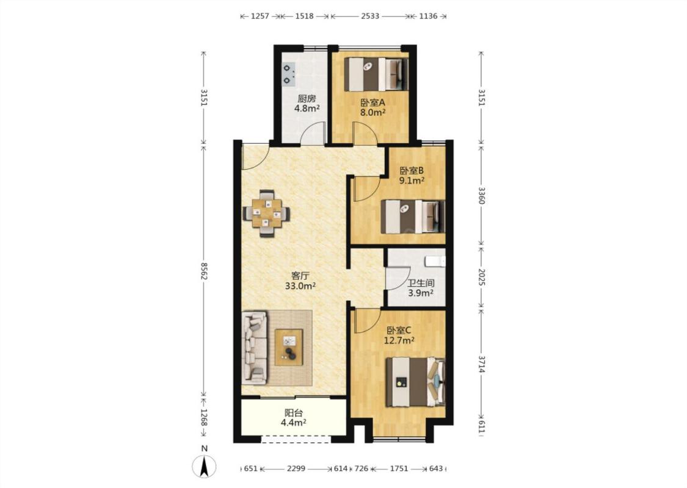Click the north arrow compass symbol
tap(204, 466)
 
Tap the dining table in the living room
tap(266, 213)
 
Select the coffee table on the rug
tap(289, 347)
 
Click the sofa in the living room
tap(255, 348)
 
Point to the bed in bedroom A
tap(376, 74)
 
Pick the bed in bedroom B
tap(413, 216)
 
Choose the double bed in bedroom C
tap(415, 382)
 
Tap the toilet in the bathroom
tap(435, 261)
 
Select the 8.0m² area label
tap(373, 112)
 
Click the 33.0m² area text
tap(300, 286)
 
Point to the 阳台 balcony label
tap(294, 413)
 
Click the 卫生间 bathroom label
tap(421, 283)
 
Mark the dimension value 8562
tap(204, 271)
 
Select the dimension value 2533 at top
tap(370, 16)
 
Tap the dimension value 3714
tap(482, 364)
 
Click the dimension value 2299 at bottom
tap(296, 468)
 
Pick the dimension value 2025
tap(482, 277)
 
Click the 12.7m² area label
tap(399, 340)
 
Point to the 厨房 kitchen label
tap(307, 98)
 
